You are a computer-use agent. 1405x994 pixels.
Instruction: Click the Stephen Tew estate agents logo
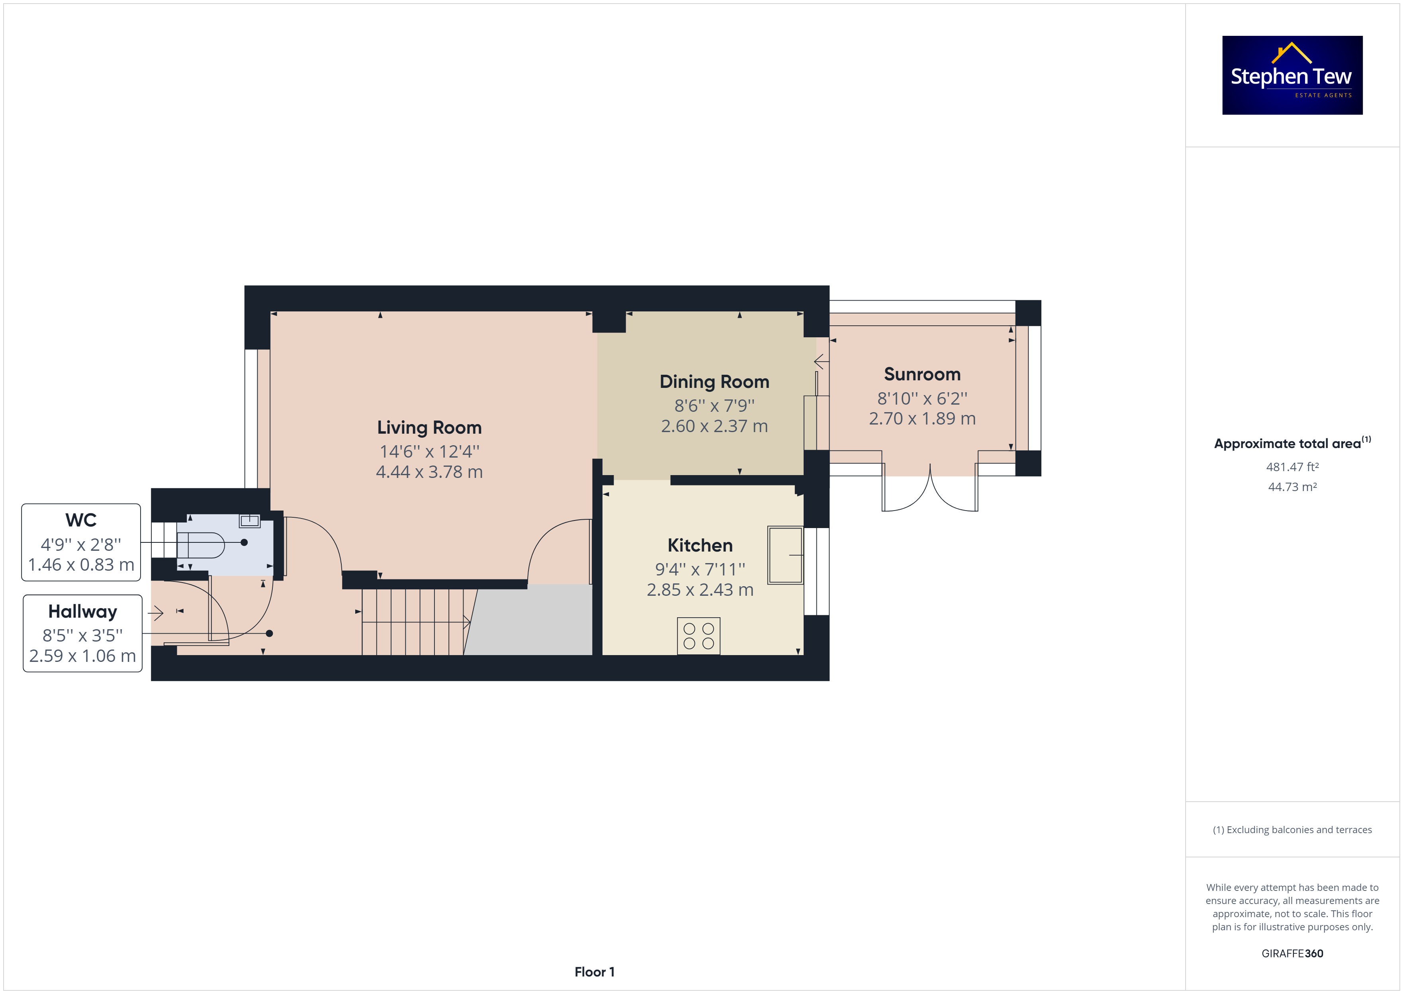tap(1292, 75)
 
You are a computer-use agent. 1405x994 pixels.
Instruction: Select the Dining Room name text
tap(714, 382)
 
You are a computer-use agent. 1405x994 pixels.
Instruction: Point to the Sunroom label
tap(922, 374)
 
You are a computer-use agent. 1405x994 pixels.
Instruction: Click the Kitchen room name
tap(700, 545)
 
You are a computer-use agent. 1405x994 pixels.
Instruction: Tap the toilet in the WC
tap(201, 545)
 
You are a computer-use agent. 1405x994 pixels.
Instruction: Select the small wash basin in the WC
tap(250, 521)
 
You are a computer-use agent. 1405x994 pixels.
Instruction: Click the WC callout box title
tap(81, 520)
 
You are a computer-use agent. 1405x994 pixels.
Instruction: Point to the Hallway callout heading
tap(82, 611)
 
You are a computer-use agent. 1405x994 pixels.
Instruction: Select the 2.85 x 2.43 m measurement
tap(700, 589)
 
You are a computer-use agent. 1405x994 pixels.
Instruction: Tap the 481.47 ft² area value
tap(1292, 467)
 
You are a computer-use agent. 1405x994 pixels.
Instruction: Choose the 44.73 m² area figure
tap(1292, 487)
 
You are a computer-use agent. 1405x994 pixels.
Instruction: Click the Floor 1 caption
tap(594, 972)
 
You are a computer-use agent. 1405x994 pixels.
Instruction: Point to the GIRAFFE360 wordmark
tap(1292, 954)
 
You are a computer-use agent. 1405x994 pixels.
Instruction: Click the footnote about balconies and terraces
tap(1292, 830)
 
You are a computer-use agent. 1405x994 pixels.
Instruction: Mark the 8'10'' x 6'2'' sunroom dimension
tap(922, 399)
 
